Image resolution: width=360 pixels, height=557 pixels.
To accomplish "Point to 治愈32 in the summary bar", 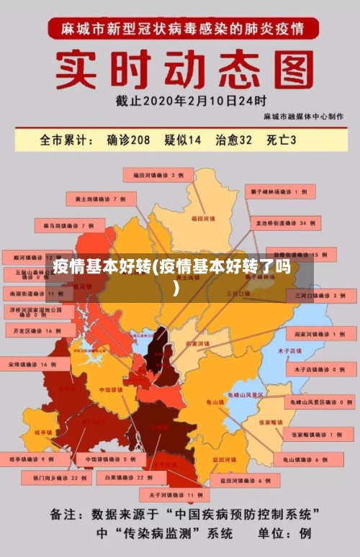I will point(234,140).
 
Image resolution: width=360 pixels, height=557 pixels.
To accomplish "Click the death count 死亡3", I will point(282,140).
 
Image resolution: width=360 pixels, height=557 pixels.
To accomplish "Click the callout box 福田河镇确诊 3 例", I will point(158,175).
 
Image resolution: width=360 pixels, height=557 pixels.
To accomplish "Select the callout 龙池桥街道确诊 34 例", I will point(284,224).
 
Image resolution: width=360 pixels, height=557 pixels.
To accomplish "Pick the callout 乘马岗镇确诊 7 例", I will point(69,226).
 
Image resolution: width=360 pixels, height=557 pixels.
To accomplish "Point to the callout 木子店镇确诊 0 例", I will point(315,368).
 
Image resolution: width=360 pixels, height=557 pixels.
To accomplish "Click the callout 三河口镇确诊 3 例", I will point(320,295).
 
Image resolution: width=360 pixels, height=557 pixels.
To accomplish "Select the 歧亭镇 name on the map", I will point(43,433).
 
